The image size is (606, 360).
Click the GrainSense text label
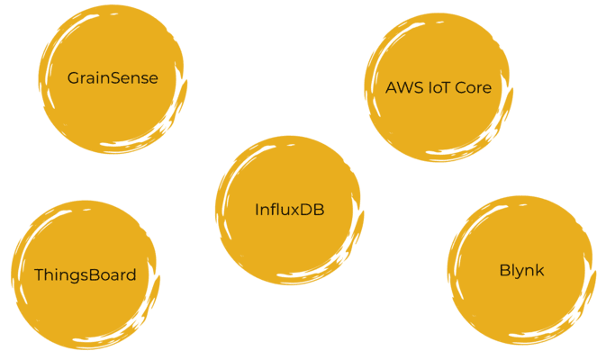click(x=113, y=78)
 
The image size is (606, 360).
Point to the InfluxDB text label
click(x=288, y=211)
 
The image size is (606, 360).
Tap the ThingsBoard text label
click(x=85, y=274)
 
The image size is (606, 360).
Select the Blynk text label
click(x=521, y=270)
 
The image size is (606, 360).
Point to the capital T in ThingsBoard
click(x=39, y=274)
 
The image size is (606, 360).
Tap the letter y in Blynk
click(x=519, y=272)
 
